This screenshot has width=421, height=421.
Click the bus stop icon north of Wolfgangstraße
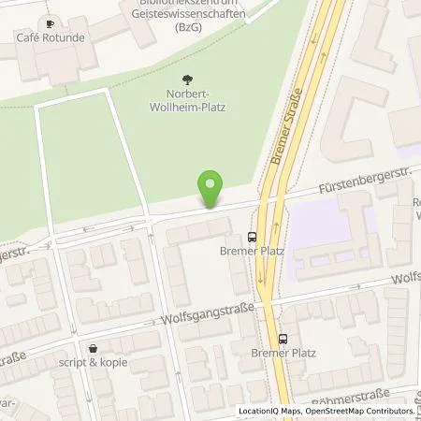coord(252,237)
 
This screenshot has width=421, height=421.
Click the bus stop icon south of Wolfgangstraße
coord(283,339)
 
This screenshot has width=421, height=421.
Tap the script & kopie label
coord(92,362)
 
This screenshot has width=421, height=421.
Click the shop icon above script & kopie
coord(92,347)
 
